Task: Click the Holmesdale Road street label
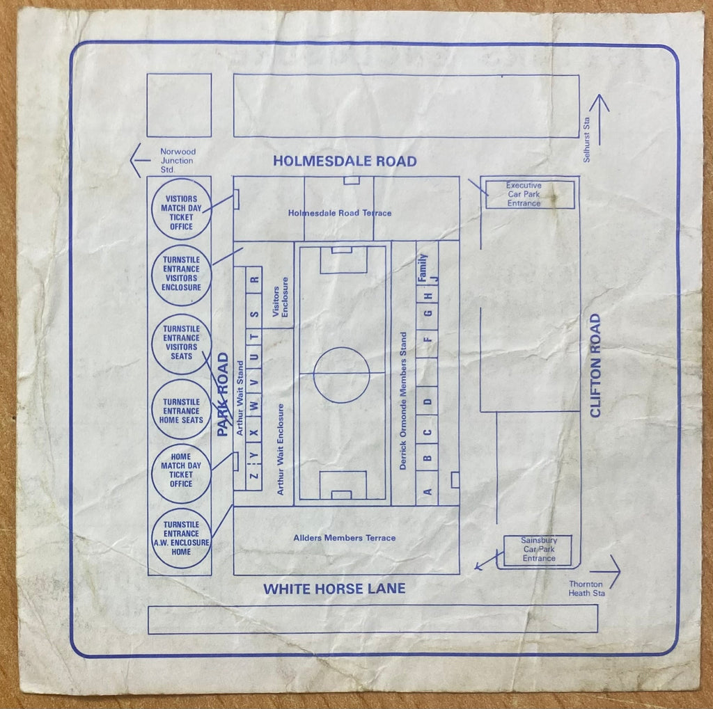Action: click(x=345, y=161)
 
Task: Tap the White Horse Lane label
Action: click(x=334, y=589)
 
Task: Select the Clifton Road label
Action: click(x=595, y=365)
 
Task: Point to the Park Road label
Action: click(x=222, y=395)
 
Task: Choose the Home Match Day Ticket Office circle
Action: click(x=181, y=445)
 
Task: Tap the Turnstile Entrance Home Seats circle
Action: click(x=182, y=380)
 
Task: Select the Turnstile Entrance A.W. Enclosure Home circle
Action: click(x=181, y=509)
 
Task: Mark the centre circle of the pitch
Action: click(x=341, y=348)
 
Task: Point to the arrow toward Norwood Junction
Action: click(x=140, y=161)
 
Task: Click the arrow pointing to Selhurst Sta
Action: click(x=600, y=120)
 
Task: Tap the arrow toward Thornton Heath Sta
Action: click(x=605, y=572)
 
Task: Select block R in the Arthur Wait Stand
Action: click(x=253, y=280)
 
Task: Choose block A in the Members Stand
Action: click(x=427, y=492)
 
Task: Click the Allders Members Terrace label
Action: click(x=344, y=538)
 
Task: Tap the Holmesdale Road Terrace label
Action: click(x=340, y=213)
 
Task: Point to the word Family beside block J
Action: click(x=423, y=268)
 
